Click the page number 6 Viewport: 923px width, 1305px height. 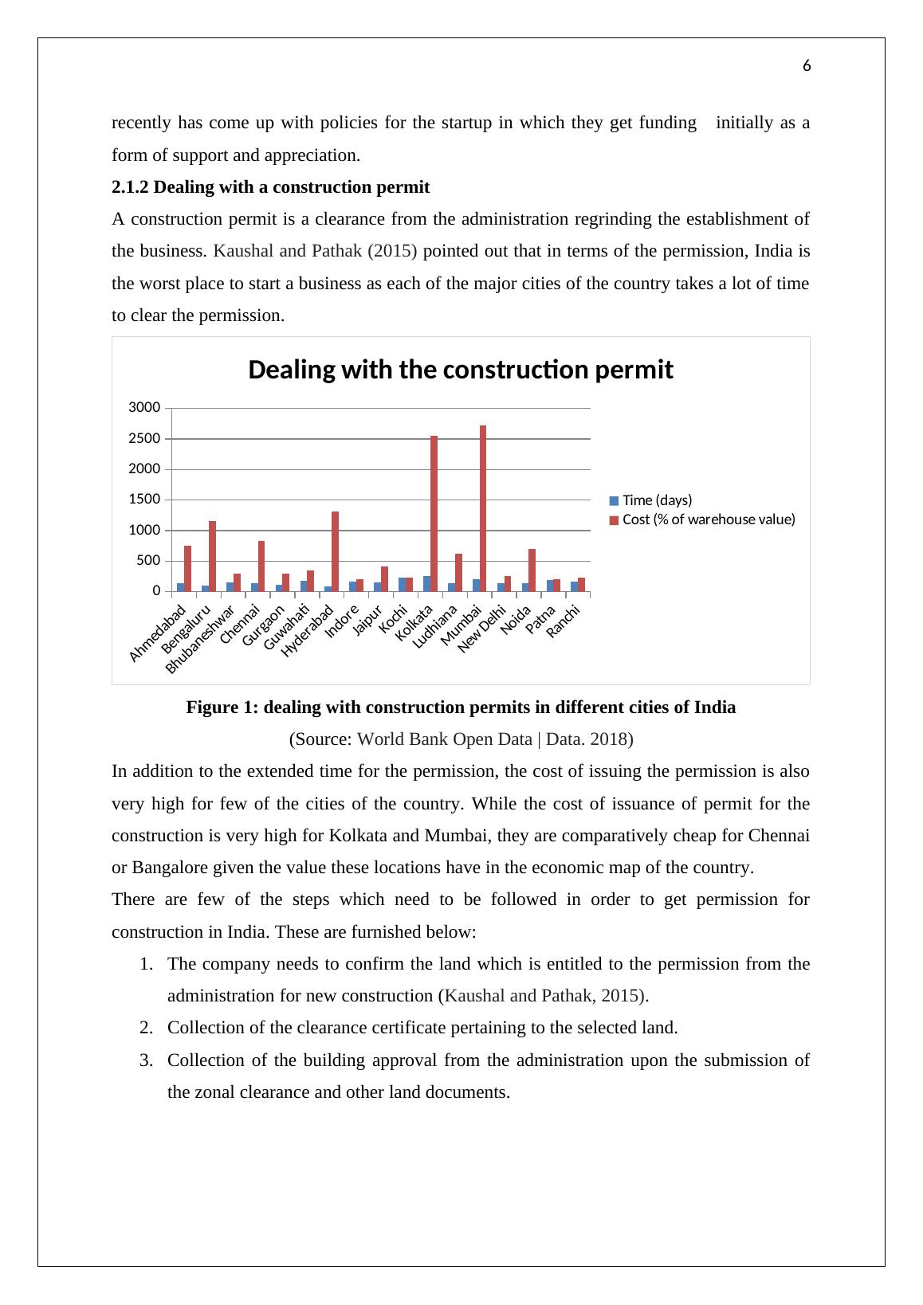tap(807, 67)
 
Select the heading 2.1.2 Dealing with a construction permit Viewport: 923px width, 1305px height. tap(270, 187)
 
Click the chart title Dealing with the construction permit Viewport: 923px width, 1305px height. tap(461, 370)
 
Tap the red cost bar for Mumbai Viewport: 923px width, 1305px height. tap(483, 508)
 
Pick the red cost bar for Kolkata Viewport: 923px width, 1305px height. tap(434, 514)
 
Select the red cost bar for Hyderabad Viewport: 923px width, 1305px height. tap(336, 551)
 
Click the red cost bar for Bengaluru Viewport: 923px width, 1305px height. tap(213, 556)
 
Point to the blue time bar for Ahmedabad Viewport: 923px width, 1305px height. tap(181, 587)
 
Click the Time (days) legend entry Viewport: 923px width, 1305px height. tap(657, 500)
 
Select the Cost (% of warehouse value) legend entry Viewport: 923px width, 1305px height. tap(708, 519)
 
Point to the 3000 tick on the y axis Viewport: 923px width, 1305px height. tap(145, 408)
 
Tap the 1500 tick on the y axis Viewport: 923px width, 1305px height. tap(145, 500)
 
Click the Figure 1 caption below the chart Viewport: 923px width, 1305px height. tap(461, 707)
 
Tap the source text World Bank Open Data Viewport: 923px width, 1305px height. tap(444, 739)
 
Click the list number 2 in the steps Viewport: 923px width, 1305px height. tap(145, 1028)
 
